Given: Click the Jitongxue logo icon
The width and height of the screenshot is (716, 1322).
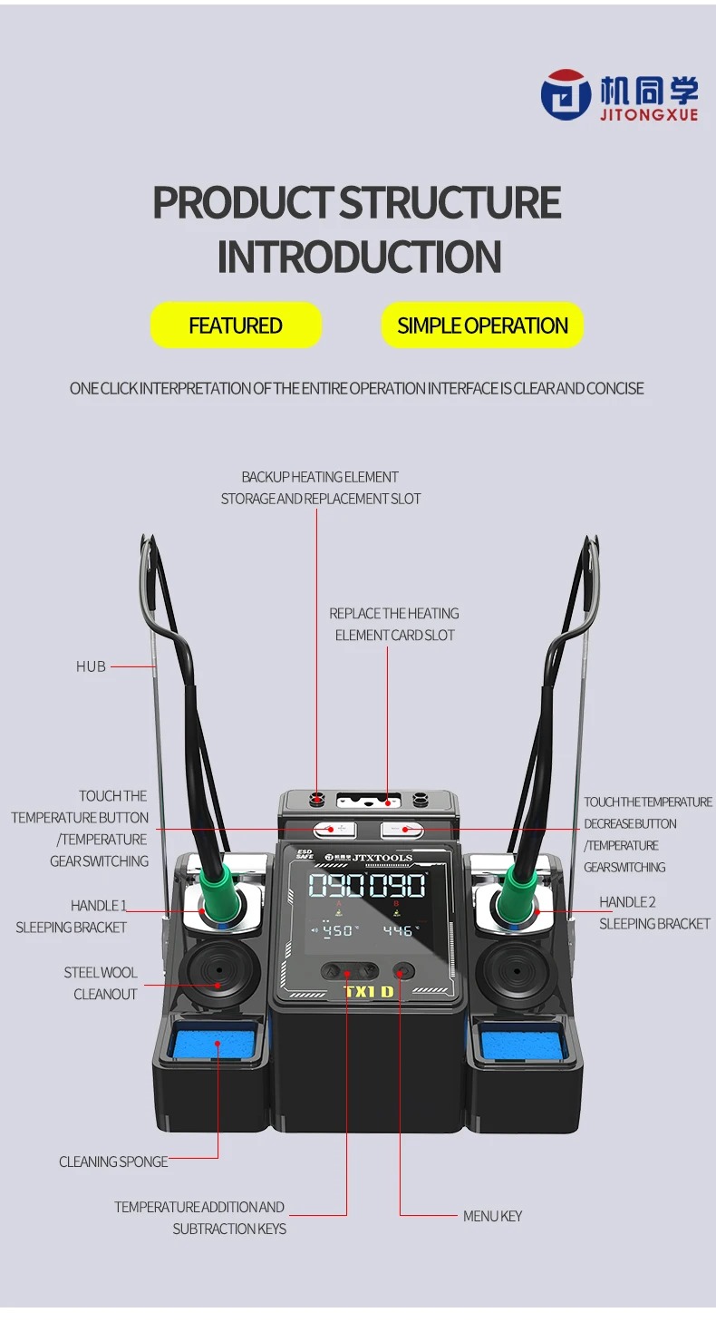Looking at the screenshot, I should point(566,95).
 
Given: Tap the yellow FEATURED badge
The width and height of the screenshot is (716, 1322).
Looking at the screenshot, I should point(236,326).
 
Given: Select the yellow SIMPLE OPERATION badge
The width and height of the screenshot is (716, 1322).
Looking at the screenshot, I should point(482,326).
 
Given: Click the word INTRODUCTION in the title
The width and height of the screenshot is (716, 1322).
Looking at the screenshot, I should point(359,258).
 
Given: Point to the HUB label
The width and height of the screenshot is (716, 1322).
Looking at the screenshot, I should point(91,666).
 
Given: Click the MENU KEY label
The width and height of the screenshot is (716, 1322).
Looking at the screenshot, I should point(492,1216).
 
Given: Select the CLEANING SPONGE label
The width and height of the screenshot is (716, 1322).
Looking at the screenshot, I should point(113,1162).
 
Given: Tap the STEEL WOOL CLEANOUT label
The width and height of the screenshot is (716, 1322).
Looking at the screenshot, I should point(101,984).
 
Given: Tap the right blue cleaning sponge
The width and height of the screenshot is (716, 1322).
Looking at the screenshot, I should point(512,1045).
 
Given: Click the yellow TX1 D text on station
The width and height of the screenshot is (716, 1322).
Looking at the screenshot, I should point(368,991).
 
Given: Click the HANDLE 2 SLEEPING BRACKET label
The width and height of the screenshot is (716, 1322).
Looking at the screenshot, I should point(653,913).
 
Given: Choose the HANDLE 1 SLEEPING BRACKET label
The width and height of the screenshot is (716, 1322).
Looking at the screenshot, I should point(73,917).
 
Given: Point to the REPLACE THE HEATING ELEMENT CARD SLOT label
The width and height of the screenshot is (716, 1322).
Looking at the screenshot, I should point(393,625).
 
